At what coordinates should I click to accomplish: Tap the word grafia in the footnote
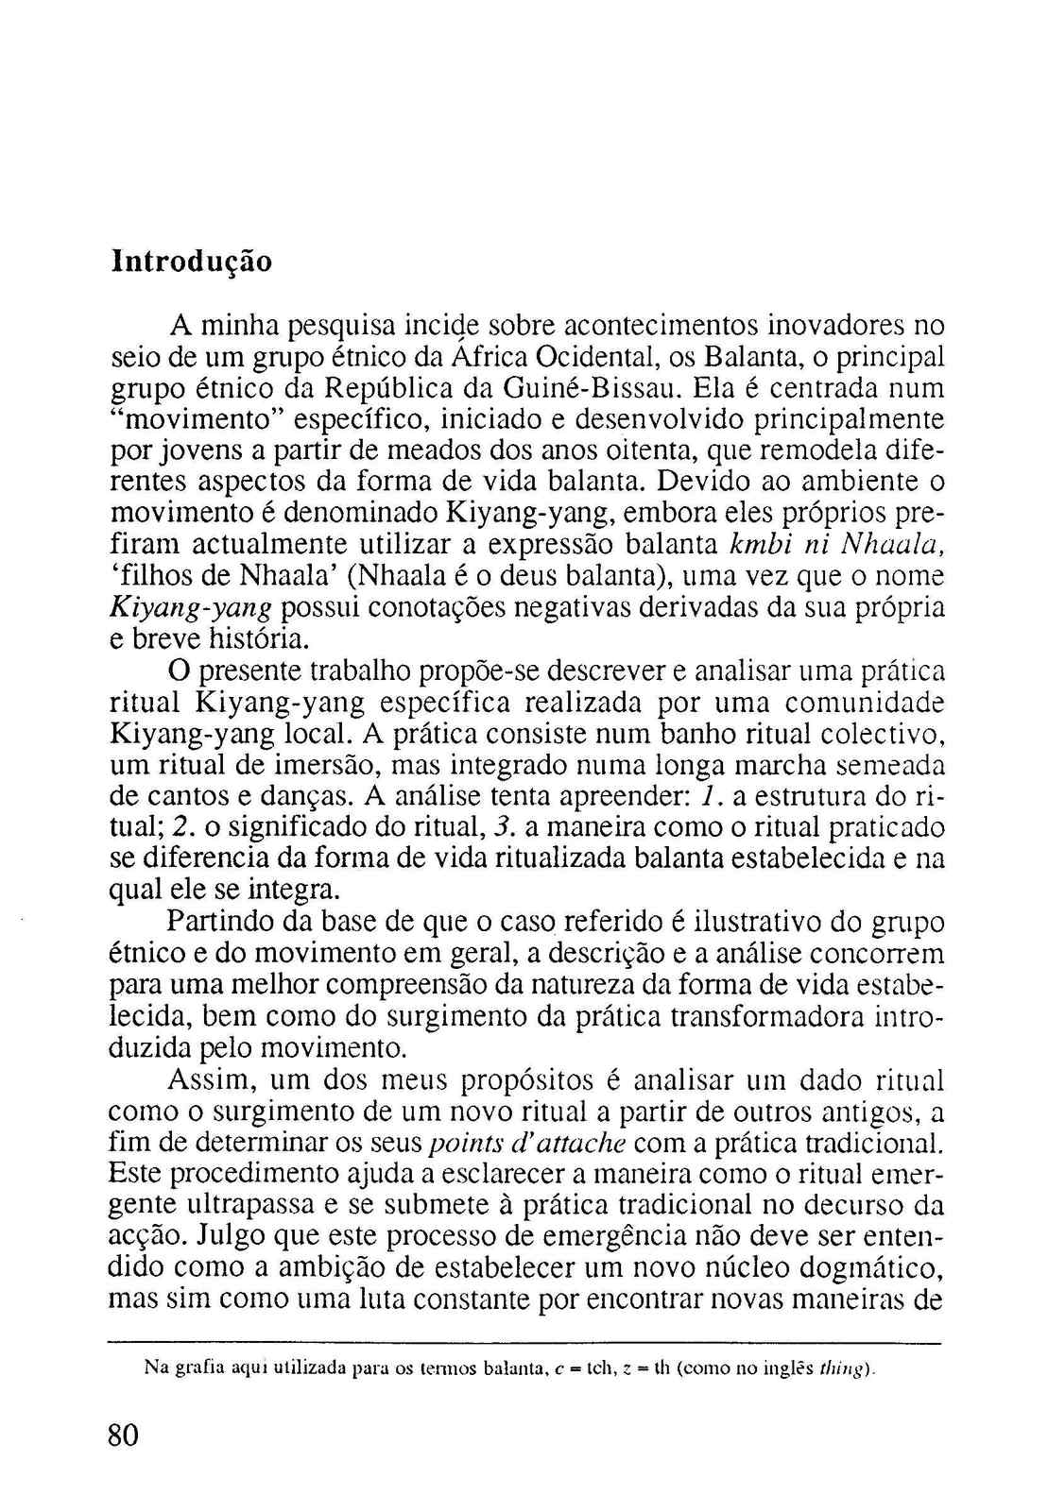(190, 1367)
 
